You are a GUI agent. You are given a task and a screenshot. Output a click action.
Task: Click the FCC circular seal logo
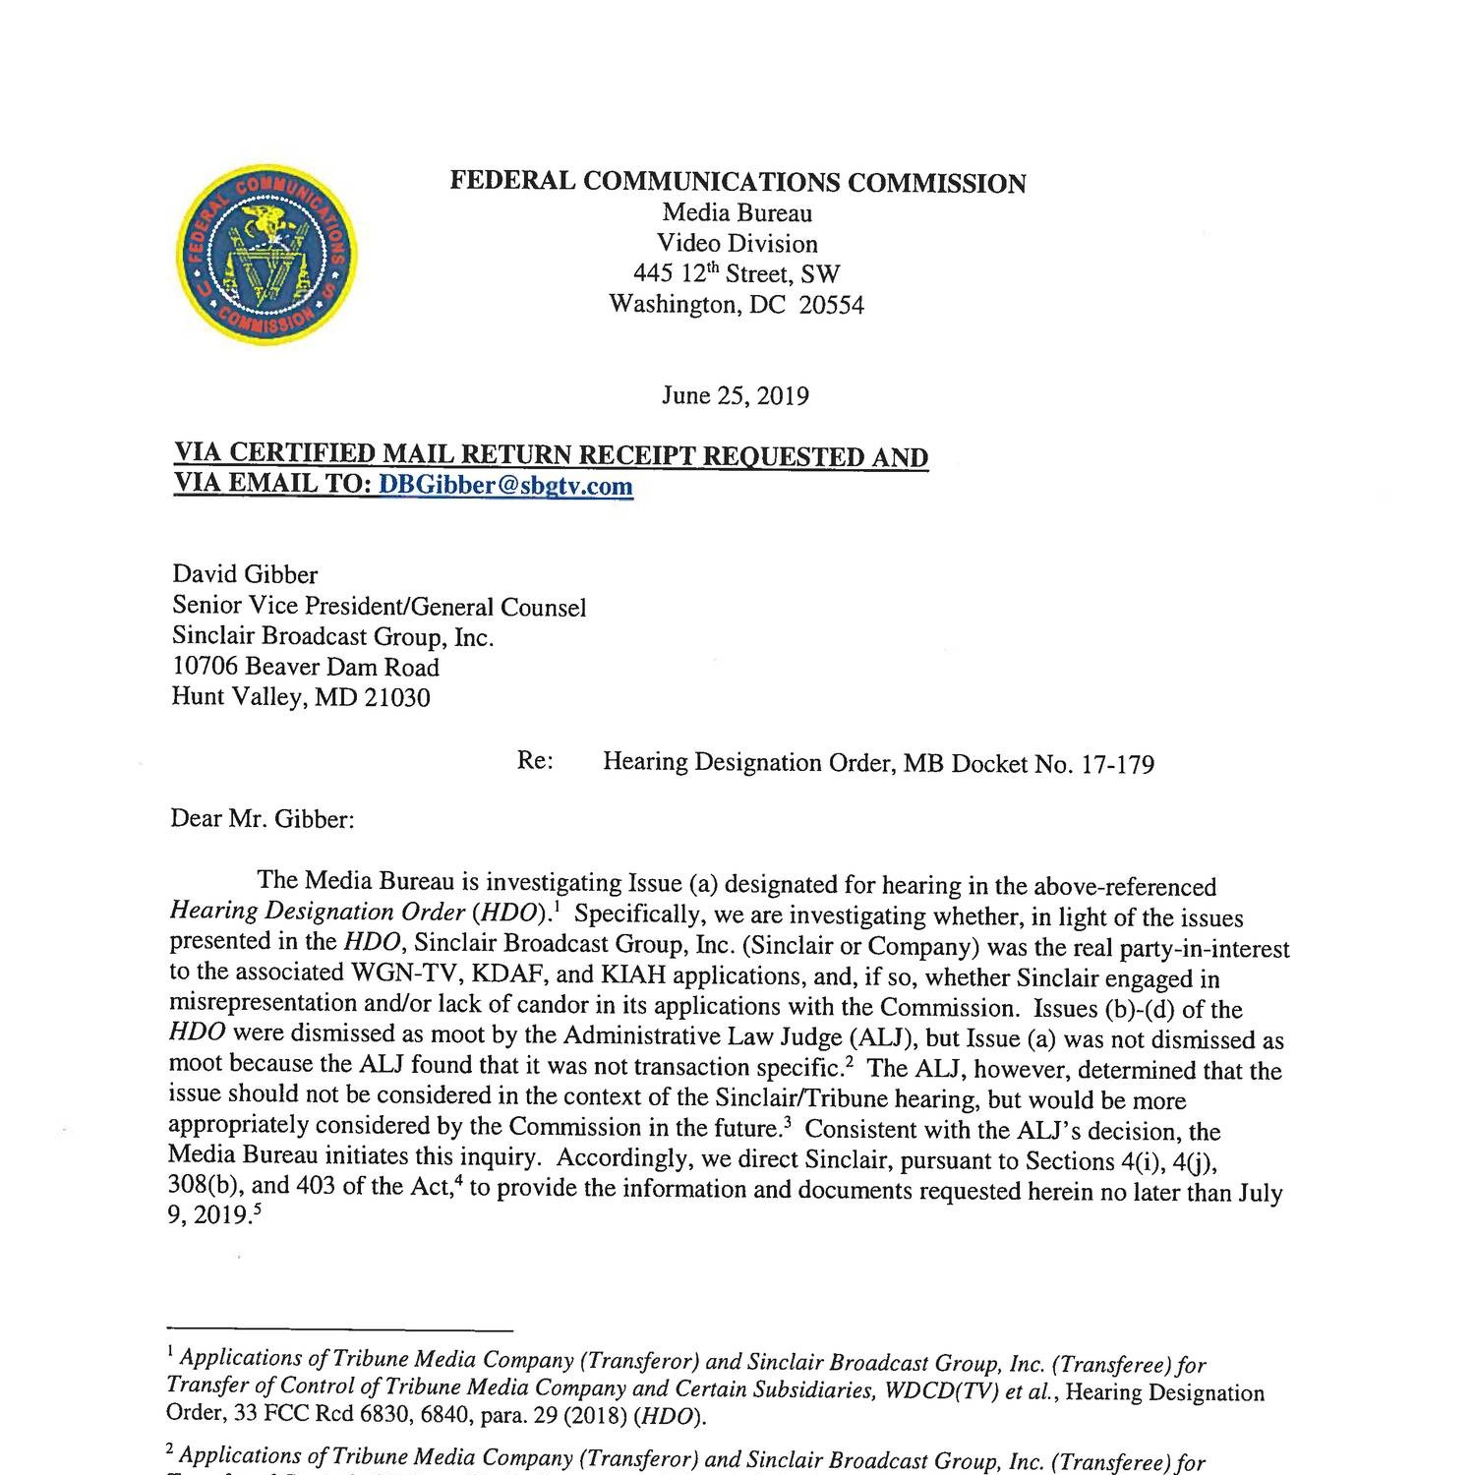[266, 255]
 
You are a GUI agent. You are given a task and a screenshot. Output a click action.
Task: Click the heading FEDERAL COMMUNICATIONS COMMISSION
[737, 183]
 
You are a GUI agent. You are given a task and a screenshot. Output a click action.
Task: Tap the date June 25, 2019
[736, 395]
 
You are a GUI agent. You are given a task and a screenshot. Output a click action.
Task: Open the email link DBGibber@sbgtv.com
[505, 486]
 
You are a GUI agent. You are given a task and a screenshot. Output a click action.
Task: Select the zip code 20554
[831, 305]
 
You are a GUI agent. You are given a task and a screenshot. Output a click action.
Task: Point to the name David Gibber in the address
[245, 574]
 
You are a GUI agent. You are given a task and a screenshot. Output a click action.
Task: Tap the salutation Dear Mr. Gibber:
[262, 819]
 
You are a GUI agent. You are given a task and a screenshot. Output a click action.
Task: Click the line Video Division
[737, 244]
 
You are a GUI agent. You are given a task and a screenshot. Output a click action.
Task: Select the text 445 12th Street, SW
[737, 274]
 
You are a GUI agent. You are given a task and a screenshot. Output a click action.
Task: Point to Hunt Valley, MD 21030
[300, 698]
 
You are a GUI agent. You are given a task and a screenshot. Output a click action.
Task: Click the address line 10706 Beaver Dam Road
[306, 668]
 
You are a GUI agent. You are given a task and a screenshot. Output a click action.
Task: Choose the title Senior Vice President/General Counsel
[379, 607]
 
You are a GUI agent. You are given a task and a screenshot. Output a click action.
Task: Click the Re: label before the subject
[535, 762]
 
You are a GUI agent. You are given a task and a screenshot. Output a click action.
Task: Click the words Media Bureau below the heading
[737, 213]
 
